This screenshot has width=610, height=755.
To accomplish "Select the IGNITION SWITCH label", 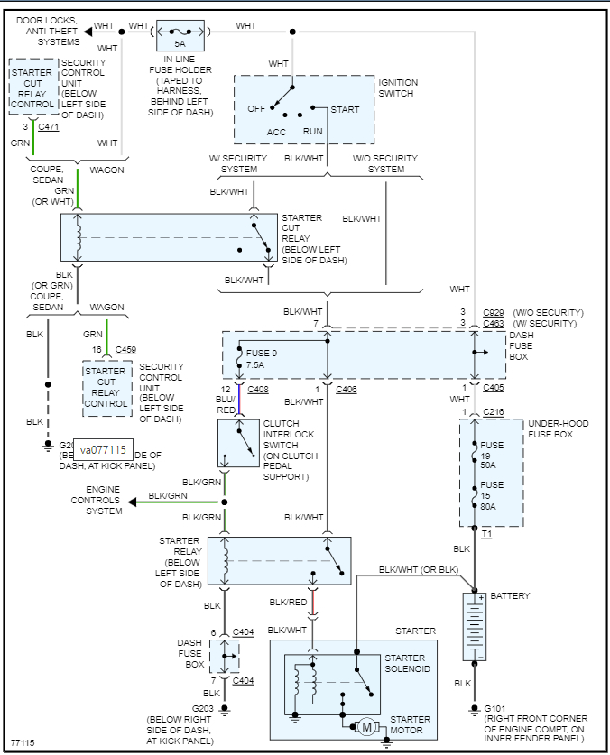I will click(x=398, y=88).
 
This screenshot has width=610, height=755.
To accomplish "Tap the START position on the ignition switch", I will click(x=345, y=110).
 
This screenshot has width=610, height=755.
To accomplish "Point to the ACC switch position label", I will click(x=276, y=132).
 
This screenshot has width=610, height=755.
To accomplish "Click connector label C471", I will click(x=49, y=128).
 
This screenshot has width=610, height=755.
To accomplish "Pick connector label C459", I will click(x=125, y=350).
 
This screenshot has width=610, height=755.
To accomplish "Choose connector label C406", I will click(x=347, y=389).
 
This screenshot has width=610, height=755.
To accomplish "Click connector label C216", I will click(x=493, y=412).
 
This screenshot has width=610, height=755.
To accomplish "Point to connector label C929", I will click(x=494, y=312).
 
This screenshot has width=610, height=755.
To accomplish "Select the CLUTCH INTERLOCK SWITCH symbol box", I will click(x=238, y=443).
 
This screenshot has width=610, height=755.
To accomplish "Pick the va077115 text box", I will click(x=104, y=449).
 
